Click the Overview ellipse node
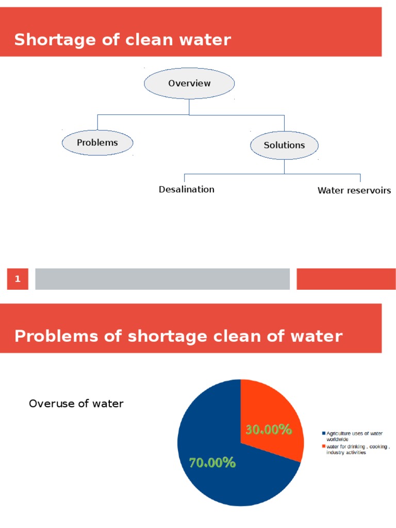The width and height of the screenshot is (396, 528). coord(189,84)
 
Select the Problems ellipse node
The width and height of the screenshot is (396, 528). coord(97,143)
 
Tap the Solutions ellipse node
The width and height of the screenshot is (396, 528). coord(284,145)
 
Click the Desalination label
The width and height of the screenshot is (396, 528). coord(187,189)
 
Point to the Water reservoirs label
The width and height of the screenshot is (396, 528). coord(354,191)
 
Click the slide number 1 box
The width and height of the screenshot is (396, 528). coord(18,279)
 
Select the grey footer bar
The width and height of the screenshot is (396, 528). coord(162,279)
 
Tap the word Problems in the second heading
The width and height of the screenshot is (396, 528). coord(55,336)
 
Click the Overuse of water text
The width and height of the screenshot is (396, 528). coord(76,404)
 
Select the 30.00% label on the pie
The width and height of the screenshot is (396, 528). coord(269,430)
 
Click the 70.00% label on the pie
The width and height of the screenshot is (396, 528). coord(212,463)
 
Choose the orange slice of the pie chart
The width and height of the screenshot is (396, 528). coord(273,407)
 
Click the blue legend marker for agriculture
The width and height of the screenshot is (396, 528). coord(324,434)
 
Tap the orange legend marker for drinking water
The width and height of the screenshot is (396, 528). coord(324,446)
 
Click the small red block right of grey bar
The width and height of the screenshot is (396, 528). coord(346,279)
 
